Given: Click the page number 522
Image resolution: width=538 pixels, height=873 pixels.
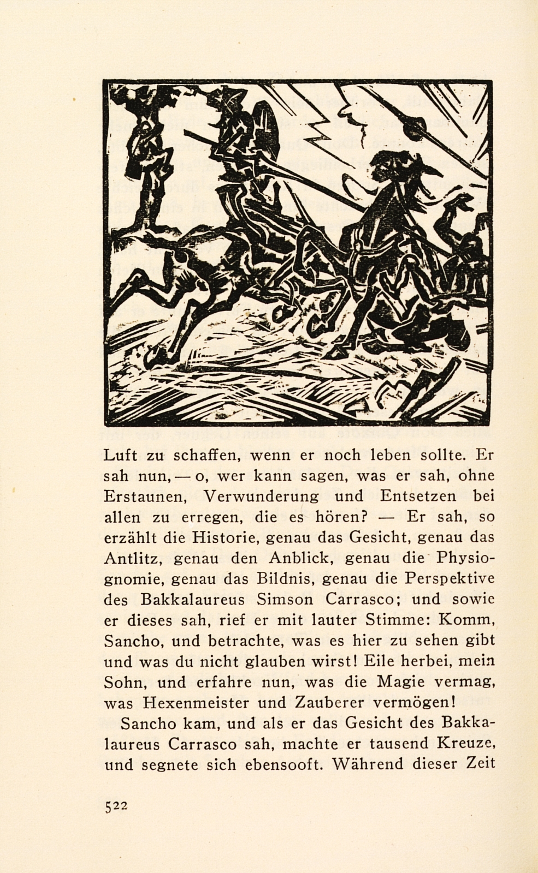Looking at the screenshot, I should (116, 806).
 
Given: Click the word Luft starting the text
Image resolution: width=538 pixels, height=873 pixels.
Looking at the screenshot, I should (119, 455).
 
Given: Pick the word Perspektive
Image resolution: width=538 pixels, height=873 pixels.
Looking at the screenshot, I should (449, 579).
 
